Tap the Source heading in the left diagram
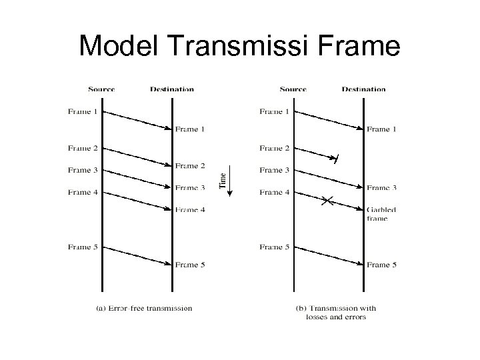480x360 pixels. pyautogui.click(x=101, y=89)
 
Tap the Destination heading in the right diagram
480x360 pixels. pyautogui.click(x=363, y=89)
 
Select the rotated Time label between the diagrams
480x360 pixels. pyautogui.click(x=223, y=180)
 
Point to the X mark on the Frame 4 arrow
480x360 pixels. pyautogui.click(x=327, y=200)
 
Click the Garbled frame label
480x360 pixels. pyautogui.click(x=381, y=213)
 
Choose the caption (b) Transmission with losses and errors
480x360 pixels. pyautogui.click(x=335, y=312)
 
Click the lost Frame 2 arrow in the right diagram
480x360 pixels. pyautogui.click(x=317, y=154)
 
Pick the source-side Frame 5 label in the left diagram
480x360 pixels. pyautogui.click(x=83, y=247)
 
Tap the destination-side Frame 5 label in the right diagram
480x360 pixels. pyautogui.click(x=381, y=265)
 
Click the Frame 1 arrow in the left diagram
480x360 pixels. pyautogui.click(x=137, y=120)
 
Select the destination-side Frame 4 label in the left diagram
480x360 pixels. pyautogui.click(x=190, y=209)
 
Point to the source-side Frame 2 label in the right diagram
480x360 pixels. pyautogui.click(x=275, y=148)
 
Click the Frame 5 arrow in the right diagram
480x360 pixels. pyautogui.click(x=329, y=256)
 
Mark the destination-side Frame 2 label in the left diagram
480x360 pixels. pyautogui.click(x=190, y=165)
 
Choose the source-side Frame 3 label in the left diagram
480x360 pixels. pyautogui.click(x=83, y=170)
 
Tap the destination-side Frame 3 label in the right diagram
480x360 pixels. pyautogui.click(x=381, y=187)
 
